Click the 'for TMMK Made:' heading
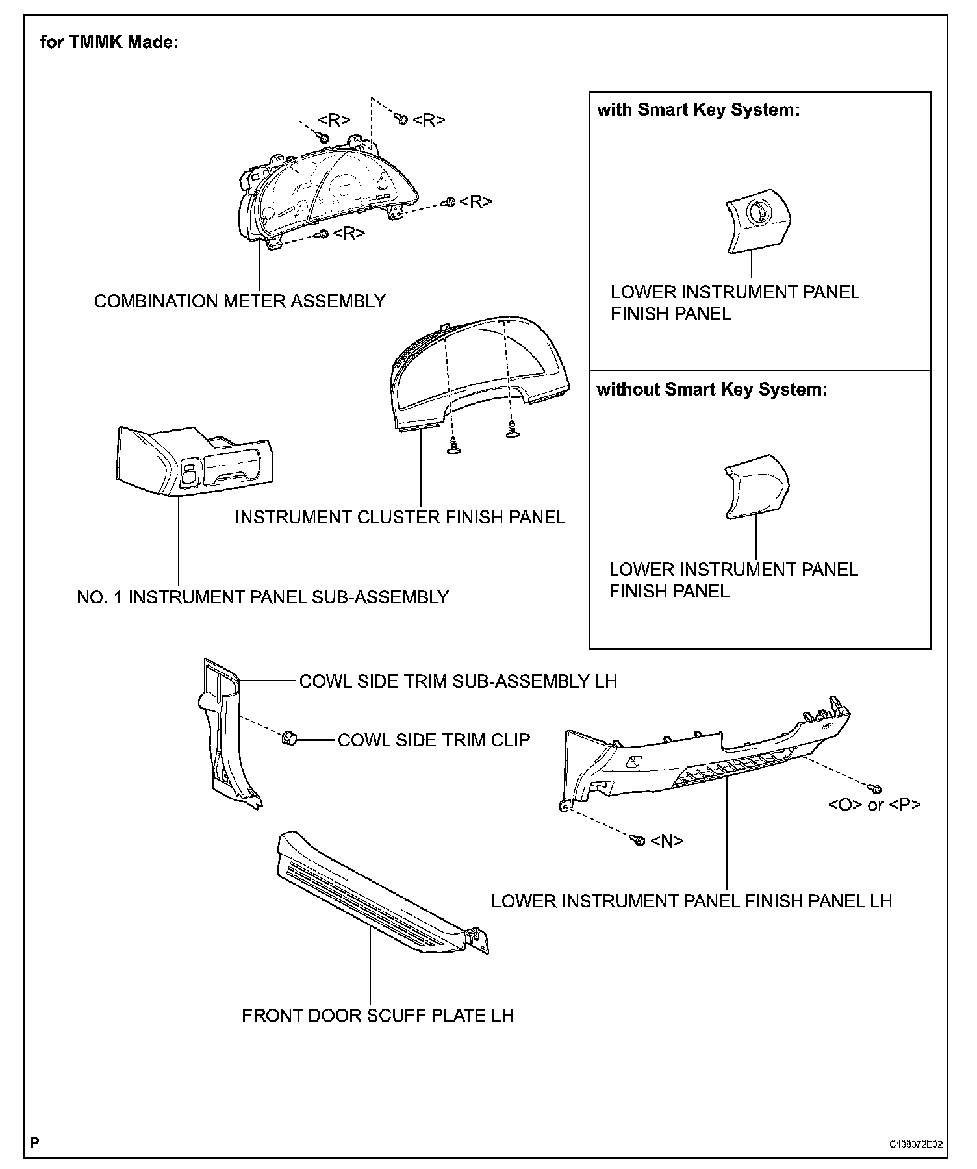[108, 43]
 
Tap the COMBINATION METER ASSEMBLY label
[240, 301]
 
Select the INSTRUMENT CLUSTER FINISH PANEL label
[400, 518]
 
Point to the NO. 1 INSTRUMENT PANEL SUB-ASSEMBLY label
[262, 597]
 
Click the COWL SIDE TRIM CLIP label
[433, 740]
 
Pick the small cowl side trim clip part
[288, 738]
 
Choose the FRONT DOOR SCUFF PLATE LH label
[377, 1016]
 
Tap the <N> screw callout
[667, 841]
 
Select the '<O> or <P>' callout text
[874, 805]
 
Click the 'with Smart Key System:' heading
[698, 110]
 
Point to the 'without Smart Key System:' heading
[712, 390]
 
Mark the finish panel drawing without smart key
[756, 487]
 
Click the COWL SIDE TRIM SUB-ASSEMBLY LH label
[458, 681]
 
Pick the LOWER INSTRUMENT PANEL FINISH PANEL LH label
[691, 901]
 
